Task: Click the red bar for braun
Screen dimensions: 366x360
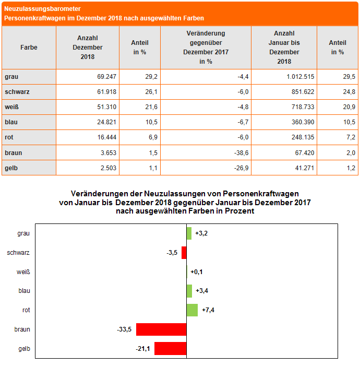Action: pos(161,329)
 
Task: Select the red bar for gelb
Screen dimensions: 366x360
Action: pos(170,348)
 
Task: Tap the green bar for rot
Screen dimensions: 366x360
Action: pos(192,310)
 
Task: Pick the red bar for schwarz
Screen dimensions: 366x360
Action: pos(184,253)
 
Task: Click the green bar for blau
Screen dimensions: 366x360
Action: pos(189,291)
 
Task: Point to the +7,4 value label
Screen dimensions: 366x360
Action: pos(208,310)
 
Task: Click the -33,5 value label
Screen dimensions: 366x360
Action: pos(124,329)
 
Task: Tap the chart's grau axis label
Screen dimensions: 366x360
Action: pos(23,233)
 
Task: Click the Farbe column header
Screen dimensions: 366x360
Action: pos(29,48)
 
